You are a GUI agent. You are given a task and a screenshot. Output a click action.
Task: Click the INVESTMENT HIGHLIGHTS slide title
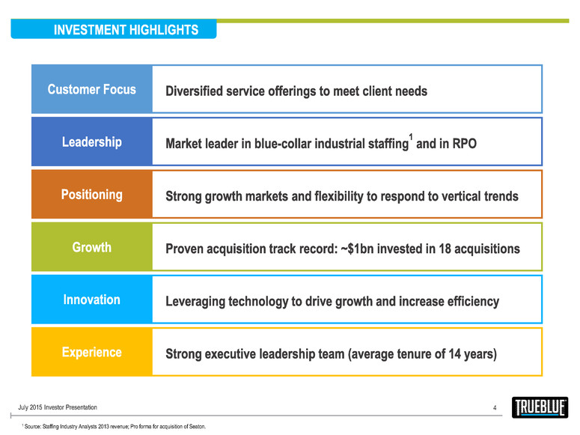(x=126, y=30)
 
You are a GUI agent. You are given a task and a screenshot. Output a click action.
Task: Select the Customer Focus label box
(x=91, y=90)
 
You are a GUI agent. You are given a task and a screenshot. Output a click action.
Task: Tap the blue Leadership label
(x=91, y=142)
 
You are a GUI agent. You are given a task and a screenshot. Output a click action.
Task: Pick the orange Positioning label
(x=91, y=195)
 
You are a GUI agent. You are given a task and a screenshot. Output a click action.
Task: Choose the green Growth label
(x=91, y=247)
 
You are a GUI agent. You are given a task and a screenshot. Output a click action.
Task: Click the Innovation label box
(x=91, y=299)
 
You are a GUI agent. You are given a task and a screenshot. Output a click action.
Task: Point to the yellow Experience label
(x=91, y=352)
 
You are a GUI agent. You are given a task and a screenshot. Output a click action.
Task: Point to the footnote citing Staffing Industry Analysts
(x=113, y=426)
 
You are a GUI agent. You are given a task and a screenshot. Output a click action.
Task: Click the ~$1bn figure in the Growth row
(x=364, y=249)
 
